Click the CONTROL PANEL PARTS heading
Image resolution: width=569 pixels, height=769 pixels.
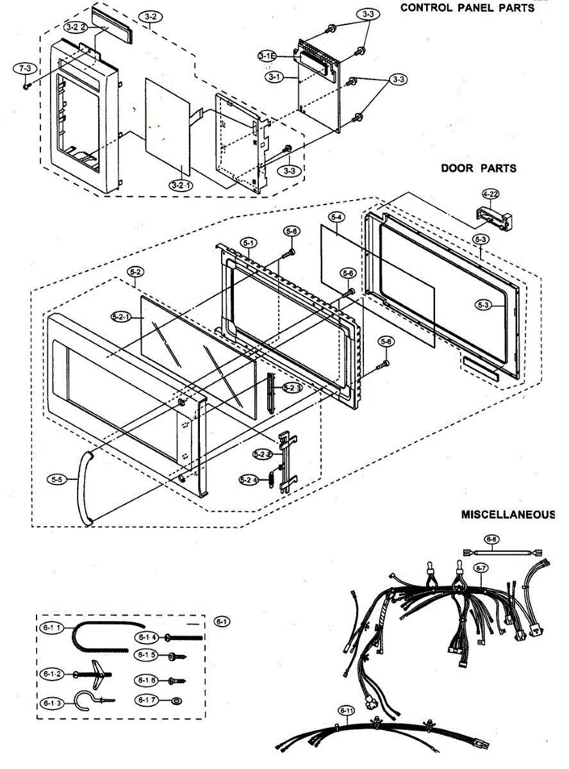(x=466, y=8)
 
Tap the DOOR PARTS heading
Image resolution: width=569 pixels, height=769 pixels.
(x=478, y=169)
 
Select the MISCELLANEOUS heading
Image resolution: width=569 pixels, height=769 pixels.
(x=507, y=515)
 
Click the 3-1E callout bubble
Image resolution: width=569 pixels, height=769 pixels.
(x=267, y=57)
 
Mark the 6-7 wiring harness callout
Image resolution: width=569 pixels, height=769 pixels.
(x=481, y=567)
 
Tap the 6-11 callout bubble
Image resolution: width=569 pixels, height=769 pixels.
(x=346, y=710)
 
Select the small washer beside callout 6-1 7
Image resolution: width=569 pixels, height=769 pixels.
(x=177, y=700)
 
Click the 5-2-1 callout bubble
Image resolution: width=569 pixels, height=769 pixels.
(x=120, y=316)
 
